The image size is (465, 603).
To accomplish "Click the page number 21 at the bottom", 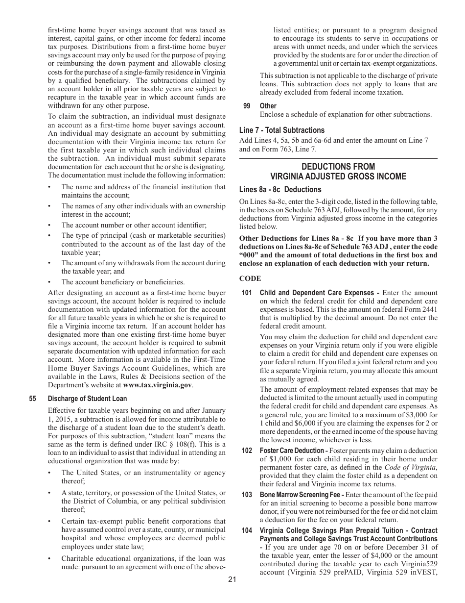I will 232,579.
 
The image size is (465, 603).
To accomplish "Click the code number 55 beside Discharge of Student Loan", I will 33,399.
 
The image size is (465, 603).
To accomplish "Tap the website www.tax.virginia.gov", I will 157,385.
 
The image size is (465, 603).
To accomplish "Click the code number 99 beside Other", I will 247,106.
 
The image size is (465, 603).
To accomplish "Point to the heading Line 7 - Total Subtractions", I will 282,130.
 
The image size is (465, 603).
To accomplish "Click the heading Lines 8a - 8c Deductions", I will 280,190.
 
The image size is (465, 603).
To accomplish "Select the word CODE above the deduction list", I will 250,279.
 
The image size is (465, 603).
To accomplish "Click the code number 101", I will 247,293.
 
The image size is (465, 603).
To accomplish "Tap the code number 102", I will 247,451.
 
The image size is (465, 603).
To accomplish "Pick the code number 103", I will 247,495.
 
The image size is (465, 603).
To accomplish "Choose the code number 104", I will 247,530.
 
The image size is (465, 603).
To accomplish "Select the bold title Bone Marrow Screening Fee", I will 301,495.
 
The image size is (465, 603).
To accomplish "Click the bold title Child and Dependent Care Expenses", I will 317,293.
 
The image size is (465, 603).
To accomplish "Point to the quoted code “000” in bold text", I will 249,255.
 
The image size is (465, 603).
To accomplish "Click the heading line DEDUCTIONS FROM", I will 338,167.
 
